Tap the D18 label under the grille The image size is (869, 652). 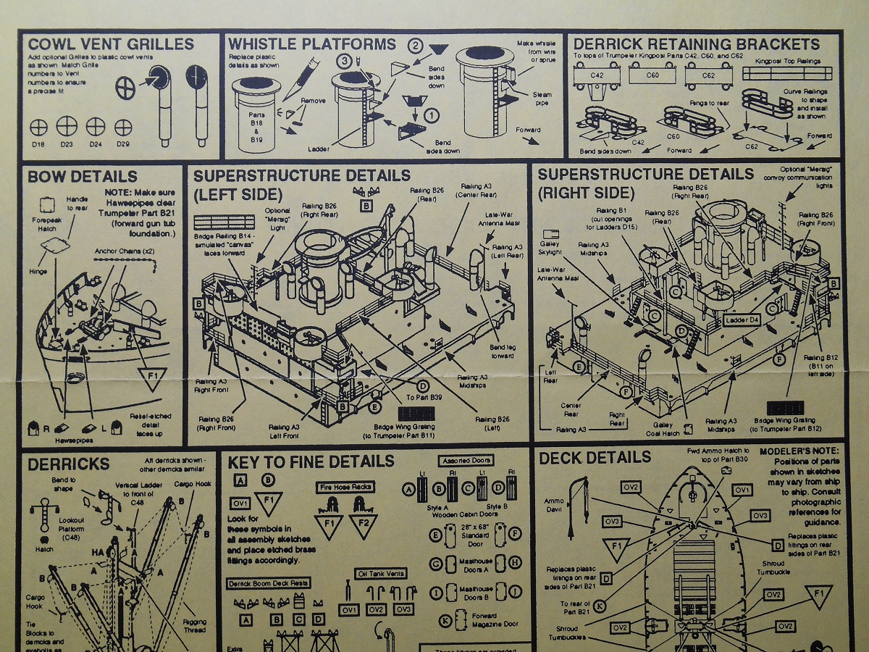pyautogui.click(x=39, y=145)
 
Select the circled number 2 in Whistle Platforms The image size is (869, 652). pyautogui.click(x=415, y=46)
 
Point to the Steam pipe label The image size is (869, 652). pyautogui.click(x=542, y=99)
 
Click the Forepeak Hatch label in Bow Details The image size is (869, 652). pyautogui.click(x=47, y=223)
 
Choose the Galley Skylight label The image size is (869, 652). pyautogui.click(x=550, y=249)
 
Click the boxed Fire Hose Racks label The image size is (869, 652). pyautogui.click(x=345, y=488)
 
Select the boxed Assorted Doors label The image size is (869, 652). pyautogui.click(x=466, y=460)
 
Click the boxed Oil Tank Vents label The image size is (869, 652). pyautogui.click(x=380, y=574)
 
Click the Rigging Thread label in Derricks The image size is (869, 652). pyautogui.click(x=193, y=626)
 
